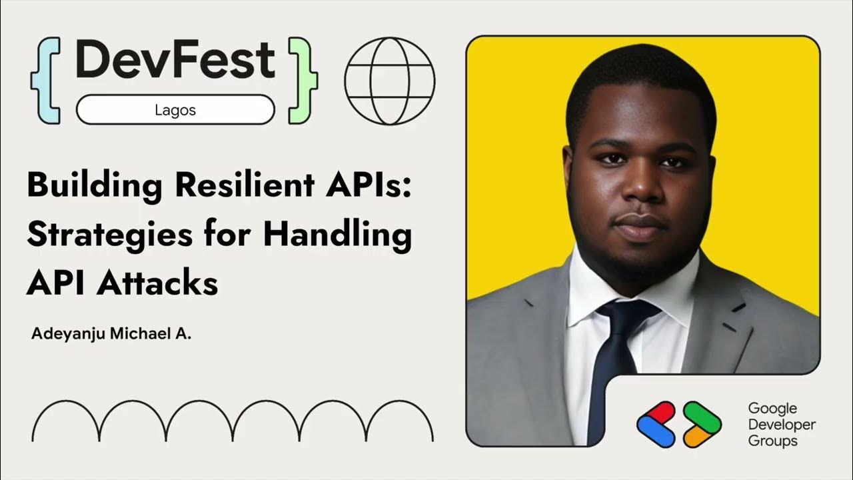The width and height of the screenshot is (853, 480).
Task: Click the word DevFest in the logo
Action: (175, 60)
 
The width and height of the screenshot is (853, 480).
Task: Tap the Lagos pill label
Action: (175, 110)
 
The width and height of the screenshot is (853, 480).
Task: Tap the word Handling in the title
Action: (337, 235)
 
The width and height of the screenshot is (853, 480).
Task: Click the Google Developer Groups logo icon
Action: (678, 424)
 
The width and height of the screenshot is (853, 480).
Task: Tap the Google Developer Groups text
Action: (781, 424)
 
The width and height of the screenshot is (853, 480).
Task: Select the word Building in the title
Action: (94, 186)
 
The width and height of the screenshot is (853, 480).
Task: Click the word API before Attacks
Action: (55, 283)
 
